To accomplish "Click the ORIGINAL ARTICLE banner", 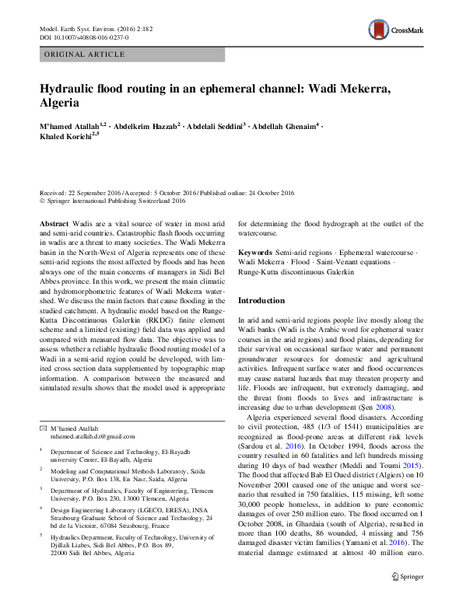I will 84,54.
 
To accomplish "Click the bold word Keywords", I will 255,253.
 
